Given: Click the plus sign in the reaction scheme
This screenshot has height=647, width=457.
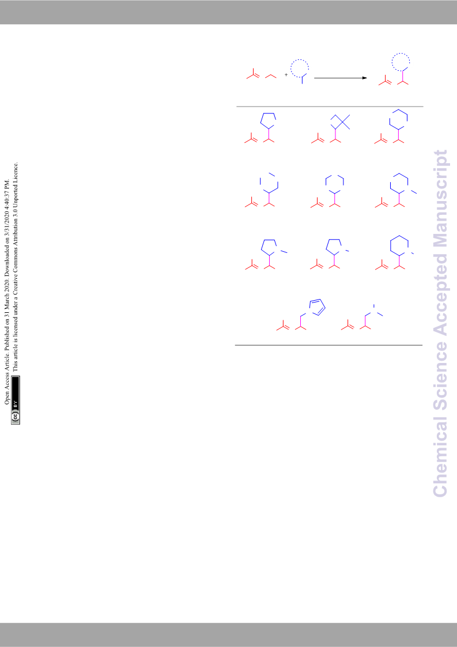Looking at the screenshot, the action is pyautogui.click(x=286, y=75).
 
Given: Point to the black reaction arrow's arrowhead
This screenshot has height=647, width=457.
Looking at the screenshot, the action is pyautogui.click(x=365, y=78).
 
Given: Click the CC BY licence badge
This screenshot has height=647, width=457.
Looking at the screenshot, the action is pyautogui.click(x=16, y=400).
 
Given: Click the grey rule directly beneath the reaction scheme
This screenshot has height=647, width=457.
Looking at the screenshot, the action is pyautogui.click(x=330, y=107).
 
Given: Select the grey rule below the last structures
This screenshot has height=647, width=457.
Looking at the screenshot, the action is pyautogui.click(x=328, y=345).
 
